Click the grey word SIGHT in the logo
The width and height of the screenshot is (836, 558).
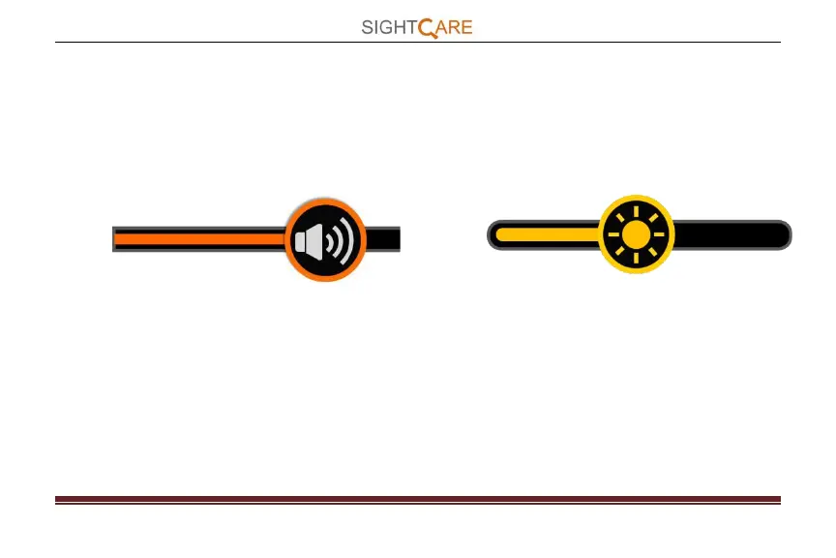[x=388, y=27]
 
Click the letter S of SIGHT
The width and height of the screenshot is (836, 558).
[x=368, y=27]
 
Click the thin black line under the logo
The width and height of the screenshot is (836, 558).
[x=194, y=42]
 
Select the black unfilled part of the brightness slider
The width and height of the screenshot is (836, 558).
[x=726, y=234]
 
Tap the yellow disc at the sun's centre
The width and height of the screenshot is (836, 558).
[x=636, y=234]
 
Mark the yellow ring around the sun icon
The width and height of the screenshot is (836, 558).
[x=636, y=271]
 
